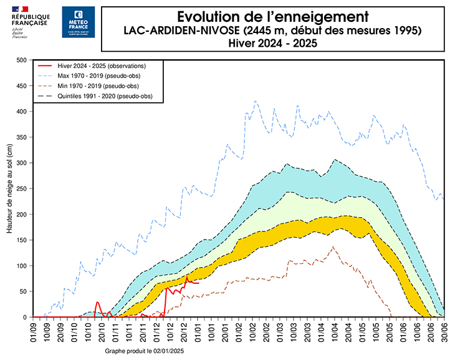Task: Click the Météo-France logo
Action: (79, 22)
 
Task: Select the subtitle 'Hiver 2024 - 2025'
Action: (269, 43)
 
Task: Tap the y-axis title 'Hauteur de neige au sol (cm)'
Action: (10, 188)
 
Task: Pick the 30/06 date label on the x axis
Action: (444, 331)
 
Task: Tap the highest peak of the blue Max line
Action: (255, 101)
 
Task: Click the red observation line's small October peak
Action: (97, 302)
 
